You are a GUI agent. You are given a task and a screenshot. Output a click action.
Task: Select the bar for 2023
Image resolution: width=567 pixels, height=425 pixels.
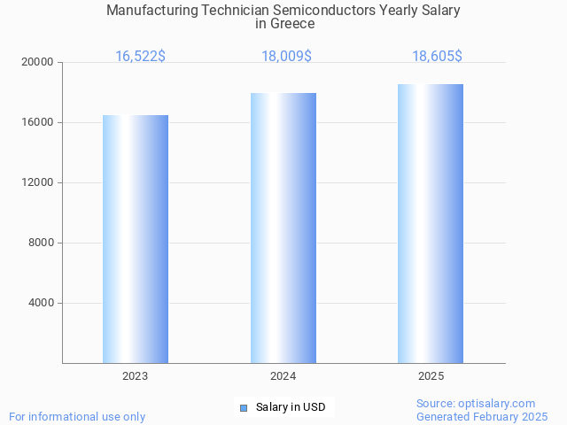click(x=136, y=239)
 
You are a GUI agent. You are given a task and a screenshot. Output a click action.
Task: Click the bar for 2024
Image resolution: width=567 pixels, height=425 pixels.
click(x=283, y=228)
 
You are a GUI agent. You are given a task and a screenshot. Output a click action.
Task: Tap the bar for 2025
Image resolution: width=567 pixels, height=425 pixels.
click(x=431, y=223)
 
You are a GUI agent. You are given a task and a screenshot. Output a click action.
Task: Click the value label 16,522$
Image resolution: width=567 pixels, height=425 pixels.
click(x=140, y=57)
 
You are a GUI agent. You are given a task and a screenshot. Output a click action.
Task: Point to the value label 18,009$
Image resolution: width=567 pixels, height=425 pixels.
click(x=286, y=57)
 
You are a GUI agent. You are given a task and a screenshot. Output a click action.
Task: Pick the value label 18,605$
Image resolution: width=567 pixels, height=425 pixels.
click(x=437, y=57)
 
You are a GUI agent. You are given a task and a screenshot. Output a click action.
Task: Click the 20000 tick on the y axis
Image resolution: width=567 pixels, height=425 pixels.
click(x=37, y=62)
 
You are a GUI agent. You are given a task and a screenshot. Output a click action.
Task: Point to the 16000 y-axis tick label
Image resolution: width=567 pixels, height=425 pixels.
click(x=37, y=122)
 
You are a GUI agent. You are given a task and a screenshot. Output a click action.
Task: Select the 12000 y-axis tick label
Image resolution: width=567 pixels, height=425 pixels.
click(x=37, y=182)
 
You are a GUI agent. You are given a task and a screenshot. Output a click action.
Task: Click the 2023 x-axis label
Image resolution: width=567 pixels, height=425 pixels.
click(x=136, y=376)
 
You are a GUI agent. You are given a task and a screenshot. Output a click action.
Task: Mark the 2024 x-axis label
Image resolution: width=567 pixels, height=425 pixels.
click(x=283, y=376)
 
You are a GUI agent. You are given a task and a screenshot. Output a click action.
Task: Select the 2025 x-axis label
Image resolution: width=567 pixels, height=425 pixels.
click(x=431, y=376)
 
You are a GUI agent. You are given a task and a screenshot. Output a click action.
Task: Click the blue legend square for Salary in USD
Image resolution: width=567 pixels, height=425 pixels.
click(x=244, y=407)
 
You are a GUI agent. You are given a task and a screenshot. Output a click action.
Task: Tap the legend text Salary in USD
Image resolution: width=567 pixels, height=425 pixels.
click(x=291, y=407)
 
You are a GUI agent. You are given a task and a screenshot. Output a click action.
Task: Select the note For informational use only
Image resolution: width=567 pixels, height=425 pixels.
click(x=77, y=416)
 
